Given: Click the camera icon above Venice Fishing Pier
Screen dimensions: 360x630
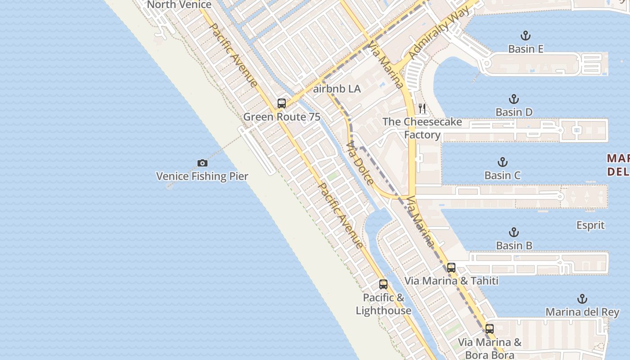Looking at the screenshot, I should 202,163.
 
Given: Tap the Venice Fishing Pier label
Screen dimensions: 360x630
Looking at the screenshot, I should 202,176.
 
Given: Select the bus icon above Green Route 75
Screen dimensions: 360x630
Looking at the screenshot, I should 282,103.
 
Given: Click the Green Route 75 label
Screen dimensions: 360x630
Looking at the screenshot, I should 282,117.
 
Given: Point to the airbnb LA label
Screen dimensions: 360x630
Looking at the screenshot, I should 337,89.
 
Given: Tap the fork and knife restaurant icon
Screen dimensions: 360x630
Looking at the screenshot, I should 422,108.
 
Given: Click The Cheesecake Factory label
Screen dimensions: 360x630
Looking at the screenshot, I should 422,128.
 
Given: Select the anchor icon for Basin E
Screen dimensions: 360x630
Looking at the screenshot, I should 525,36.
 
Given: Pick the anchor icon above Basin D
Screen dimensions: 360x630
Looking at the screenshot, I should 514,99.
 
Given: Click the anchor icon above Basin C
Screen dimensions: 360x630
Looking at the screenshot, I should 503,162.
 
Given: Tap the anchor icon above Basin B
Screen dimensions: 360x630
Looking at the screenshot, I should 514,232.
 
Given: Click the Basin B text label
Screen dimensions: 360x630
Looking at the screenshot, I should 514,246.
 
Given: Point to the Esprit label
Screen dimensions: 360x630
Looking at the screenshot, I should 590,225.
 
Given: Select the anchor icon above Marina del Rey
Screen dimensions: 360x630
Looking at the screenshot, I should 582,299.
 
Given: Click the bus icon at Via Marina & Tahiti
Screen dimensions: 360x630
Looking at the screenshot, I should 451,267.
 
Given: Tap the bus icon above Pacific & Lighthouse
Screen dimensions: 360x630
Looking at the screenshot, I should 383,284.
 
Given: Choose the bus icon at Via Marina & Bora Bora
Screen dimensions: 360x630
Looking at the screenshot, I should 490,329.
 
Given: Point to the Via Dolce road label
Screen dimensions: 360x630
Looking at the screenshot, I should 360,163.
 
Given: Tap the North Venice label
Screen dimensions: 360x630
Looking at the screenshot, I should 179,5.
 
